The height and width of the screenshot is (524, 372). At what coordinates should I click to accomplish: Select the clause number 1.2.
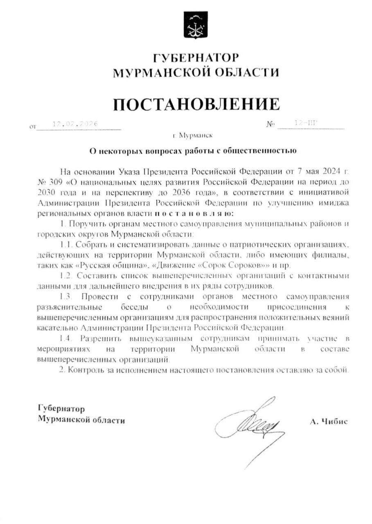pos(65,276)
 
